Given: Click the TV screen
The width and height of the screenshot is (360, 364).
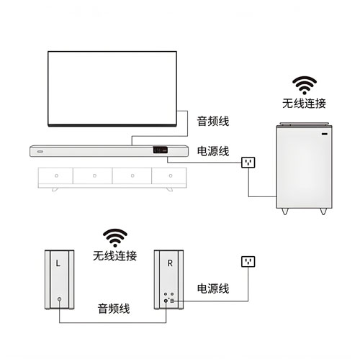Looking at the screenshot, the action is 112,88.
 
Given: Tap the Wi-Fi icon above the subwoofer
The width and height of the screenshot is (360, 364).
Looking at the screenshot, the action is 305,86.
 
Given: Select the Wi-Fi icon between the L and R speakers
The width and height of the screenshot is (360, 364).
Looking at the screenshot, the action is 115,238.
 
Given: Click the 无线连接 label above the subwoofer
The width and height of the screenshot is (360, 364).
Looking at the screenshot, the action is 304,104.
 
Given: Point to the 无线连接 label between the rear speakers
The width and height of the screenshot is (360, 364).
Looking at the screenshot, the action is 114,256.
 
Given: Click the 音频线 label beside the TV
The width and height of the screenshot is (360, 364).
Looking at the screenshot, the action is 213,121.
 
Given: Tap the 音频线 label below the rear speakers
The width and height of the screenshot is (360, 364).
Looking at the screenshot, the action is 114,309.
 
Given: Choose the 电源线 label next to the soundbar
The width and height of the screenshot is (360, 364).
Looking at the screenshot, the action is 213,151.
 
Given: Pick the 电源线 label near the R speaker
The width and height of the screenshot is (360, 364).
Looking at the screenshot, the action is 213,288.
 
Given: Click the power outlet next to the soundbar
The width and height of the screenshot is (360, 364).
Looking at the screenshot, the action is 248,163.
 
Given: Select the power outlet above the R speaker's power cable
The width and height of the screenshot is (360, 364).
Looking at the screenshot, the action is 248,262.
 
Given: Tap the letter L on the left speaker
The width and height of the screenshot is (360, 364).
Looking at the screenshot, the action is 58,263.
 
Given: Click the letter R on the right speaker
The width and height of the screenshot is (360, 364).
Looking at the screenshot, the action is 170,263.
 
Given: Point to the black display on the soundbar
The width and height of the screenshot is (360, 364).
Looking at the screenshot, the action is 161,150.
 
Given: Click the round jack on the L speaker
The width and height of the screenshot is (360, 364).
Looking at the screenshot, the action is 59,299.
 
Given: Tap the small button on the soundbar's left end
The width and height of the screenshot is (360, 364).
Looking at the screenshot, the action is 40,152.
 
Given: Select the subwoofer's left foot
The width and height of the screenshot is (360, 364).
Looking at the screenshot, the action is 285,211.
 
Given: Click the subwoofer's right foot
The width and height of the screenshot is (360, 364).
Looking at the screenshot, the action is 323,211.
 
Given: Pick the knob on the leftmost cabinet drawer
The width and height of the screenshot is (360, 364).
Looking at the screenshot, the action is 56,176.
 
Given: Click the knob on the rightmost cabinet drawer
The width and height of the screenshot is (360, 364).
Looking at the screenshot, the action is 171,176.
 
